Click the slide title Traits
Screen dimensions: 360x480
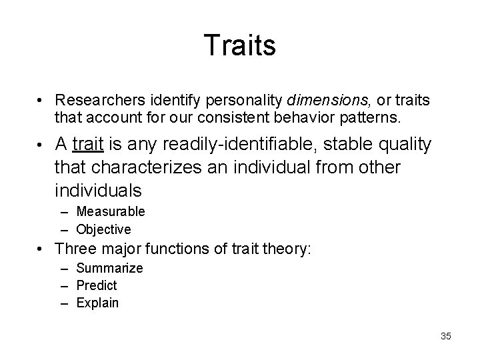pyautogui.click(x=239, y=46)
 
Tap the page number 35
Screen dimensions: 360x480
pyautogui.click(x=445, y=337)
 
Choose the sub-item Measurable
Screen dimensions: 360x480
pyautogui.click(x=111, y=212)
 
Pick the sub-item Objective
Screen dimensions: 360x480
pyautogui.click(x=103, y=229)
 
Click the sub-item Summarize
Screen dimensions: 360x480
pyautogui.click(x=109, y=268)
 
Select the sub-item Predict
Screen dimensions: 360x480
pyautogui.click(x=97, y=285)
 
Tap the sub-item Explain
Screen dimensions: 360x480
pyautogui.click(x=97, y=303)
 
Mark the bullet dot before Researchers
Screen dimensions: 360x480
pyautogui.click(x=42, y=101)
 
